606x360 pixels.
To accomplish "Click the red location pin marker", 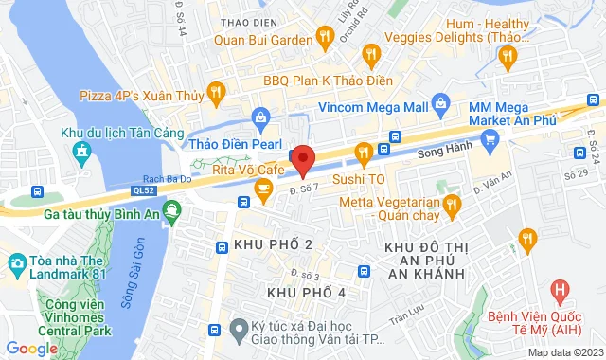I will coord(302,159).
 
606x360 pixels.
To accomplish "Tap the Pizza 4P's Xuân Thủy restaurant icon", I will coord(217,92).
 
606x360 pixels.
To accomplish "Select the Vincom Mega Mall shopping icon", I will coord(438,101).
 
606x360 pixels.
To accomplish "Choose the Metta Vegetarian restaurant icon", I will coord(453,203).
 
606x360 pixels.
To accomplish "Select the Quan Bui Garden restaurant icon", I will coord(325,38).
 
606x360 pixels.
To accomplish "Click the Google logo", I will coord(30,349).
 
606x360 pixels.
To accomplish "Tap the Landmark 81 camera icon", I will coord(16,261).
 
